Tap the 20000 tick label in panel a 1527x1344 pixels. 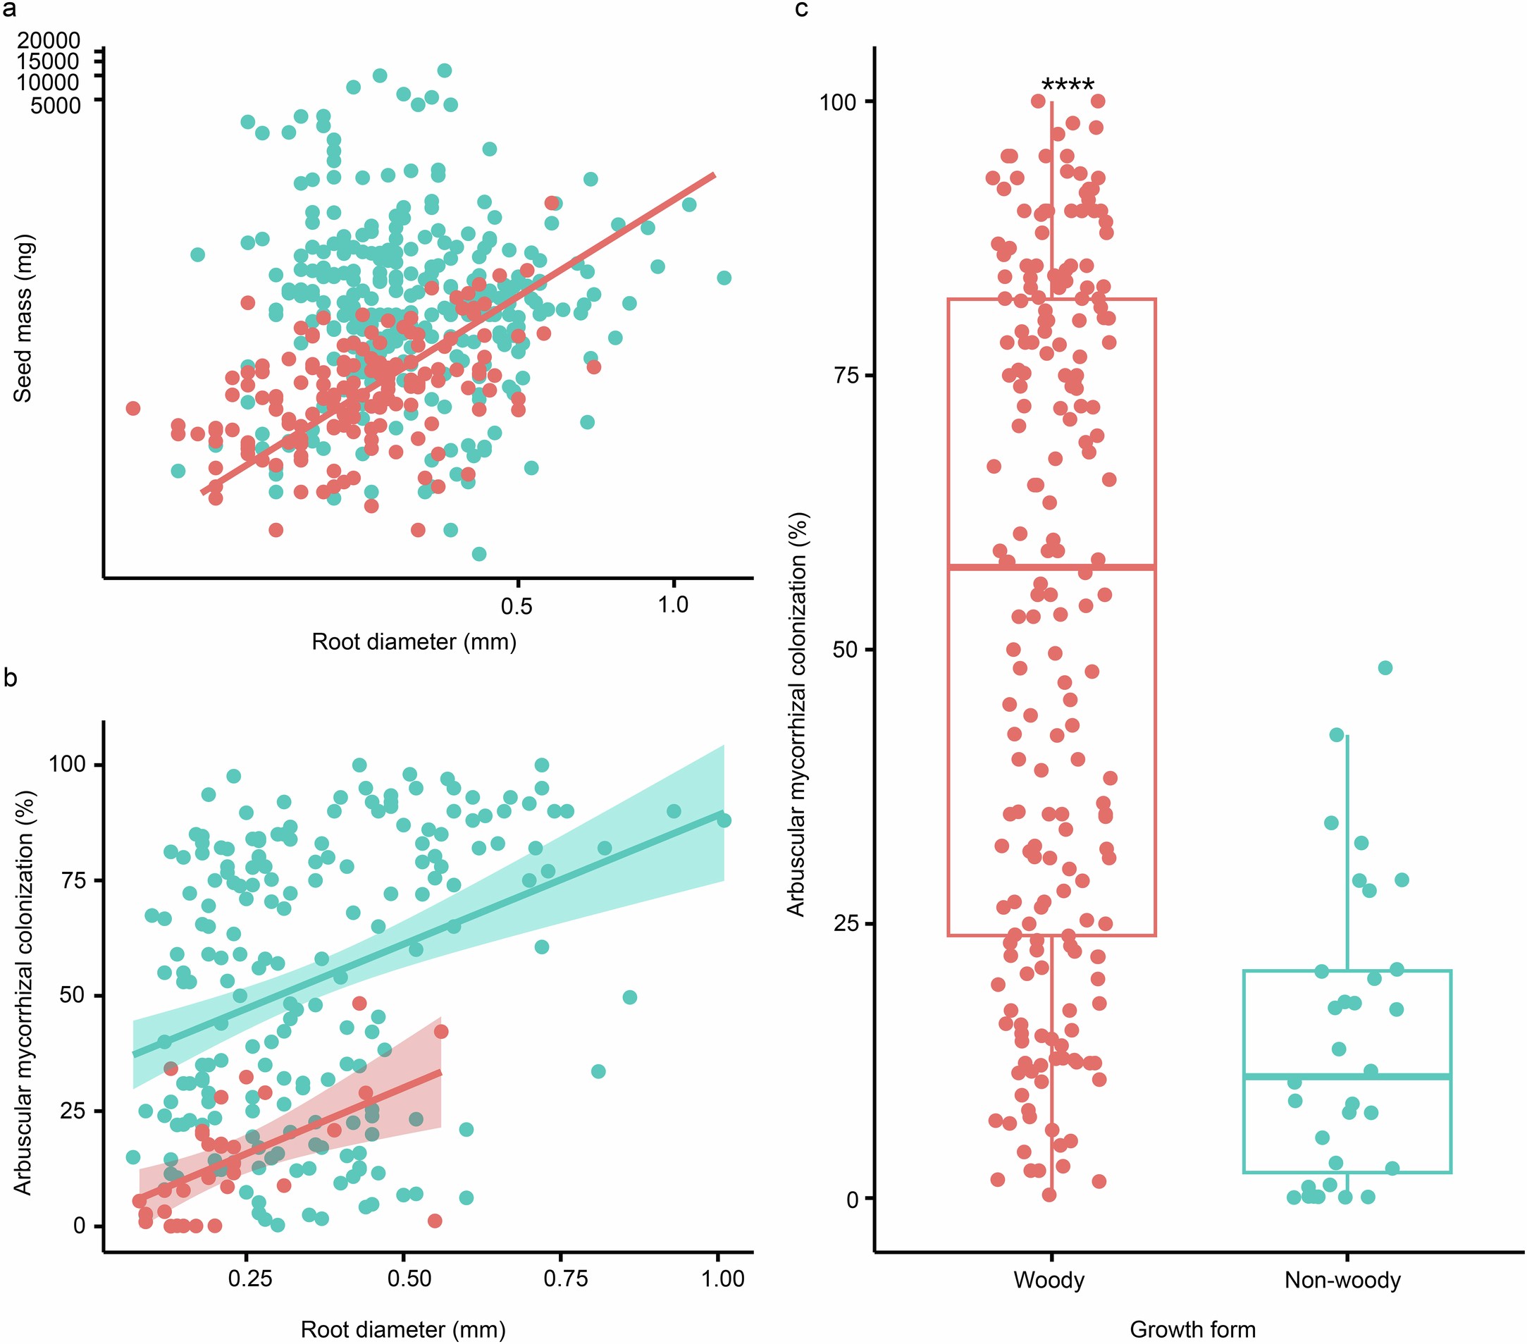49,40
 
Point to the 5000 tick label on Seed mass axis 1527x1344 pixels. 55,105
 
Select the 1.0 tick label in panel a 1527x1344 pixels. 672,605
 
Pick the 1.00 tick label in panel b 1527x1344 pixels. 722,1278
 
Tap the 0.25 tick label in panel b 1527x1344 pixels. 249,1278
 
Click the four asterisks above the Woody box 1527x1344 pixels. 1068,85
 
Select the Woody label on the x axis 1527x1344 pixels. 1048,1280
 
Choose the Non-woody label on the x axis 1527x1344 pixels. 1342,1280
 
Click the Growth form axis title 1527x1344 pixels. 1192,1329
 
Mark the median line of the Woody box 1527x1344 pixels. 1051,567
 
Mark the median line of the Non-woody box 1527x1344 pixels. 1347,1075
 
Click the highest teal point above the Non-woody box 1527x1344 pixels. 1385,668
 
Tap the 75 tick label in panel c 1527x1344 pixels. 846,375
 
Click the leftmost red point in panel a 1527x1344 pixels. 133,408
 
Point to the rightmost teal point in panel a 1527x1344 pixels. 723,278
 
